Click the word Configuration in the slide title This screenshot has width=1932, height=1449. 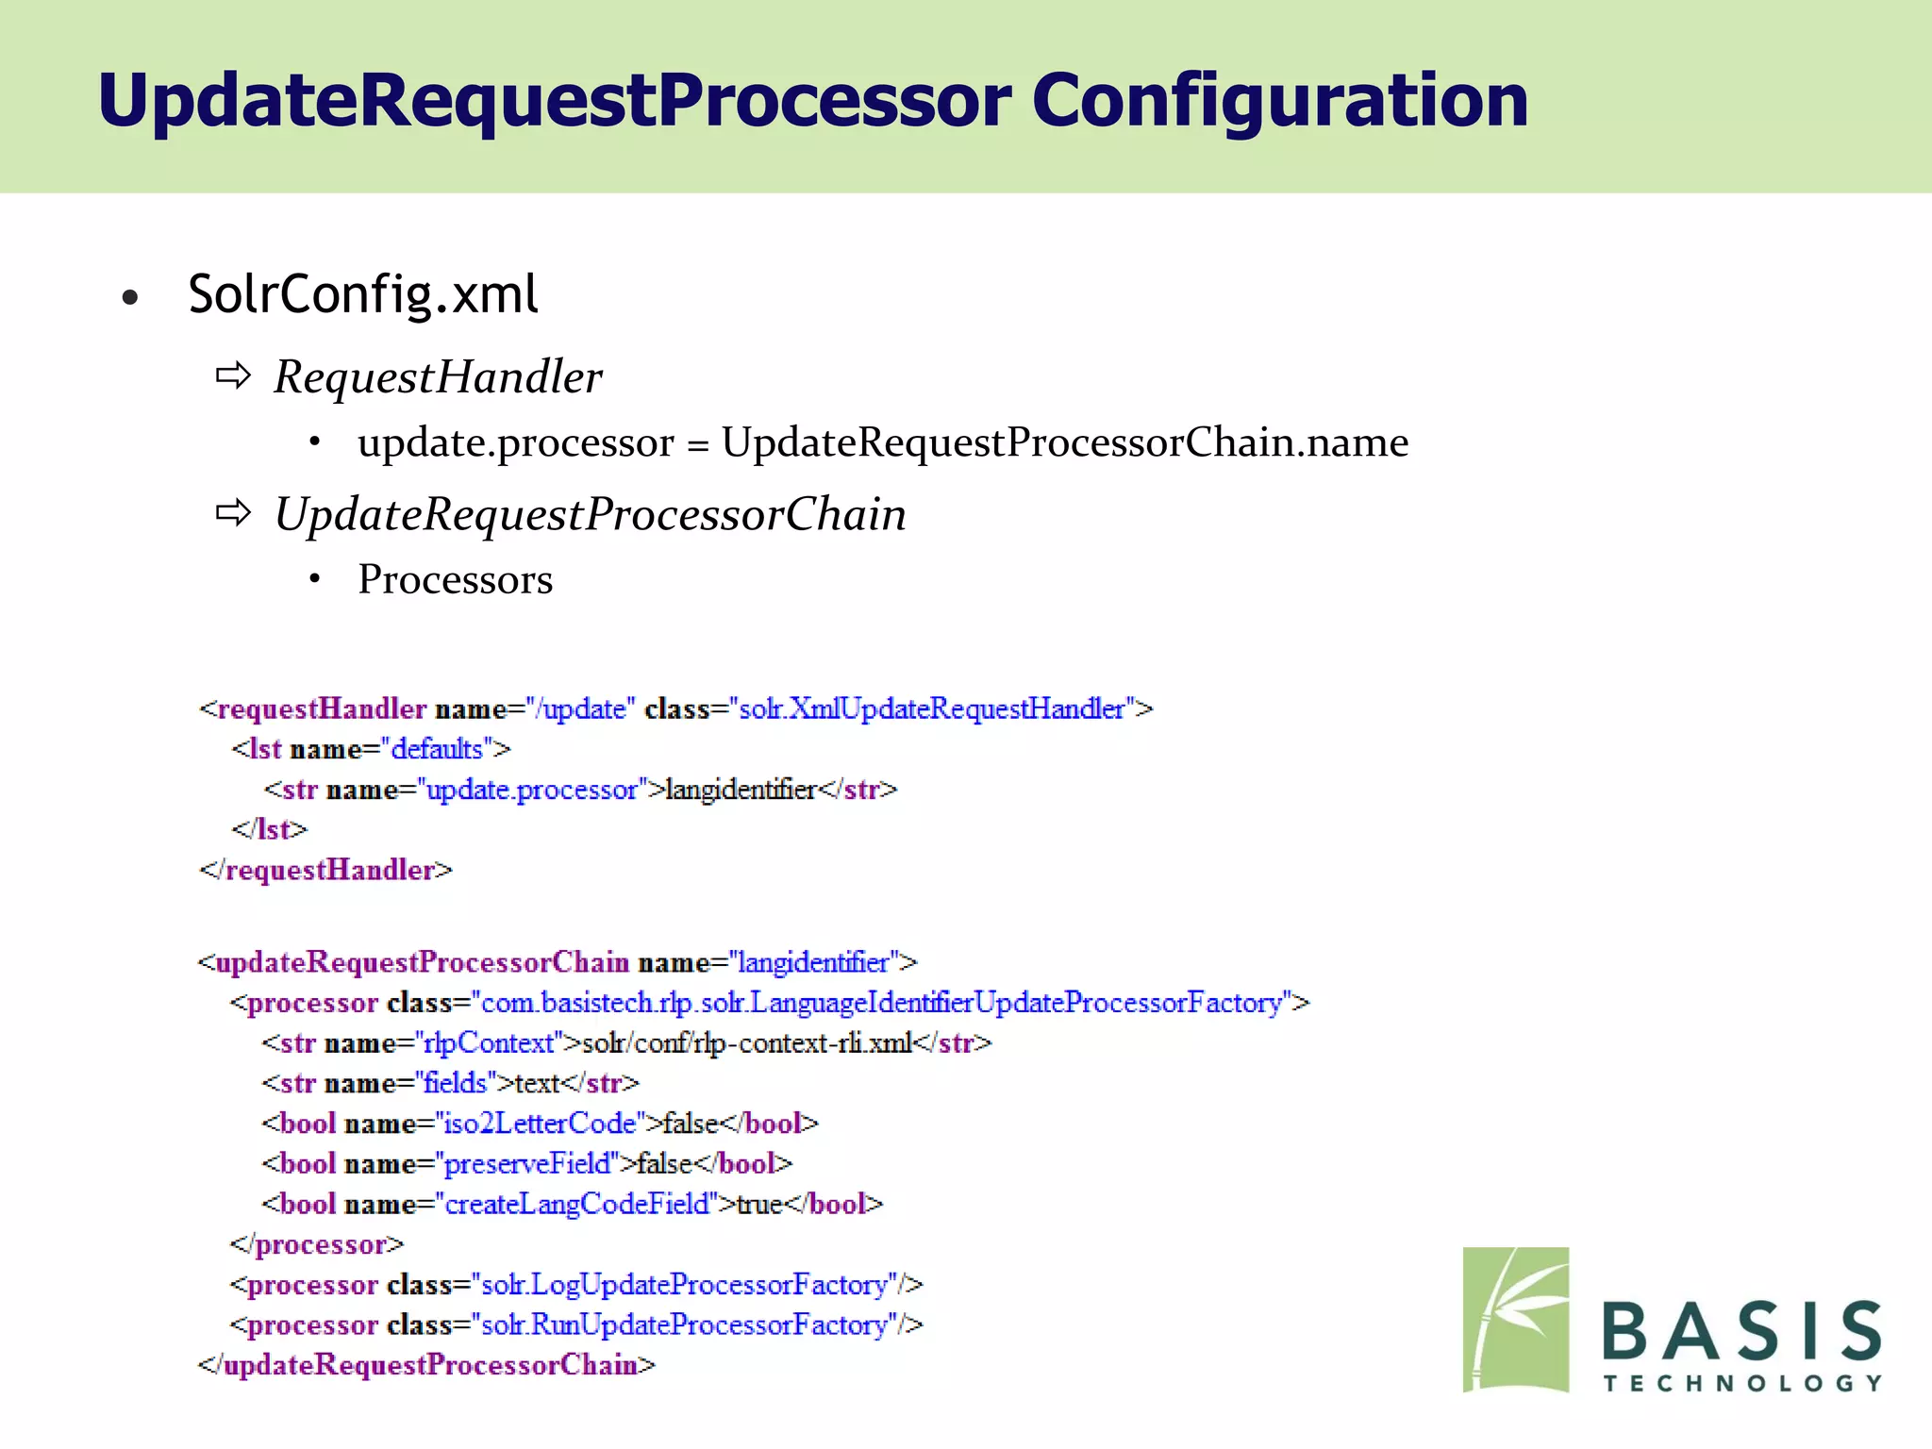click(1279, 101)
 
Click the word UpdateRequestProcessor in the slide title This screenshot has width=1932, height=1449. click(555, 101)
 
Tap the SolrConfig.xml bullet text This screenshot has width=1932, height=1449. click(363, 294)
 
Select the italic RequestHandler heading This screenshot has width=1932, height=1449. click(438, 377)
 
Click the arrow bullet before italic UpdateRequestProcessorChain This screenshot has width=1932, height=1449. click(233, 514)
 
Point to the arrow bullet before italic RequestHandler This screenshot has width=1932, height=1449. click(233, 376)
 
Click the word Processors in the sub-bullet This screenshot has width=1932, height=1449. click(456, 579)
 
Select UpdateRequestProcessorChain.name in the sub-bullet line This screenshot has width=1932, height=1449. click(1065, 442)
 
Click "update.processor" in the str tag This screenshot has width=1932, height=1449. click(533, 790)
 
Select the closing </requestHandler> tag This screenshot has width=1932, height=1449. click(326, 870)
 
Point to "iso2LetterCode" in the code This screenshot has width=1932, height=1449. click(541, 1124)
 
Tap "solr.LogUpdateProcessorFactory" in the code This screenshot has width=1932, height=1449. click(686, 1285)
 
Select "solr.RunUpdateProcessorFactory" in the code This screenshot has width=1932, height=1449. click(686, 1325)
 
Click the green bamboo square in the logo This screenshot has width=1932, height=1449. click(1516, 1320)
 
